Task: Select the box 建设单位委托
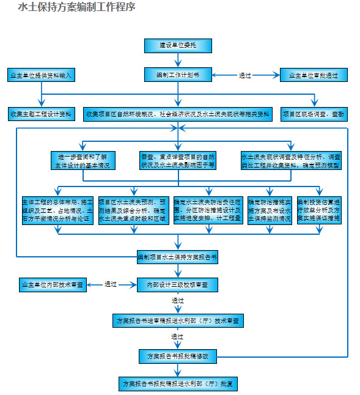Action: point(178,45)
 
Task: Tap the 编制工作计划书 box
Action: point(178,75)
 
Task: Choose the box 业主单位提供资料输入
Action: point(41,76)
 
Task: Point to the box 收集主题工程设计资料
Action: point(41,114)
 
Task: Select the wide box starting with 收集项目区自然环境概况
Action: point(178,114)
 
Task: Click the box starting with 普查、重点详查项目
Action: point(178,160)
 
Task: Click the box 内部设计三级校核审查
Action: point(178,284)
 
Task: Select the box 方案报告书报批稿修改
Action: point(178,355)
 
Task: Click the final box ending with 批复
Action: point(178,384)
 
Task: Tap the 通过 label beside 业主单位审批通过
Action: point(245,76)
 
